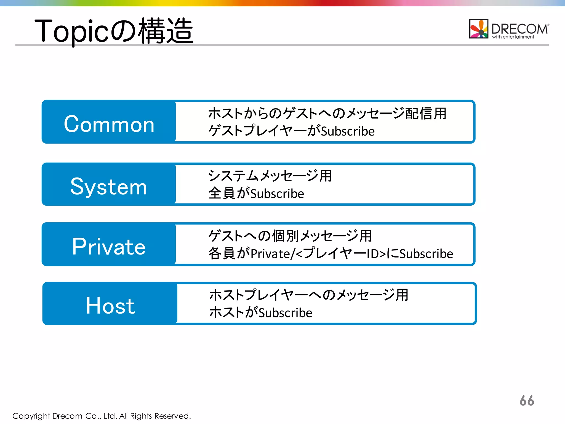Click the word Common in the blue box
pos(109,124)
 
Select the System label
pos(108,187)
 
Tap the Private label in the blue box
pos(109,247)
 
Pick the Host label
pos(110,306)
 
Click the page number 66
pos(527,401)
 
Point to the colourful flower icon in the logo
pos(479,28)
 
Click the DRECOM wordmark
pos(519,28)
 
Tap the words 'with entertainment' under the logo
pos(513,37)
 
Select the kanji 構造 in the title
pos(166,31)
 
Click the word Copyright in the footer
pos(31,416)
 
